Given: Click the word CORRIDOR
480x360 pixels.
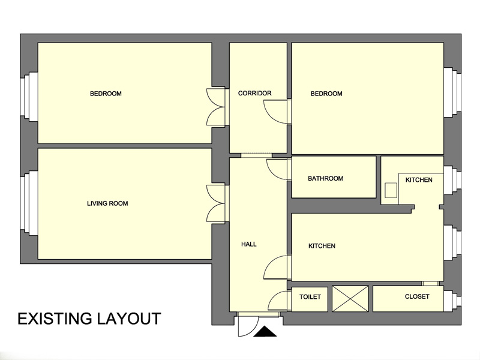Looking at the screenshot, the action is pyautogui.click(x=254, y=93).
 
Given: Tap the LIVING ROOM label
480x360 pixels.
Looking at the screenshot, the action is pyautogui.click(x=107, y=203).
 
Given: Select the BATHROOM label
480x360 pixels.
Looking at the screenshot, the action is pyautogui.click(x=325, y=178).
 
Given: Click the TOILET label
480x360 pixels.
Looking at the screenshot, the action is pyautogui.click(x=310, y=296).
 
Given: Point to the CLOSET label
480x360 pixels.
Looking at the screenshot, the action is pyautogui.click(x=417, y=296).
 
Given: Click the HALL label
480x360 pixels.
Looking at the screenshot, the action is pyautogui.click(x=249, y=244).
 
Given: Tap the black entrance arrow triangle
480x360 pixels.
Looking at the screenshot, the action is pyautogui.click(x=265, y=332).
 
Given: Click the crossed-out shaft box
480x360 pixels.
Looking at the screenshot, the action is pyautogui.click(x=350, y=299).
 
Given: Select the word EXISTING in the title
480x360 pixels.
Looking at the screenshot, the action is pyautogui.click(x=55, y=319).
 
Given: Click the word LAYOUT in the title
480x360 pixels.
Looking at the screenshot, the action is pyautogui.click(x=129, y=319).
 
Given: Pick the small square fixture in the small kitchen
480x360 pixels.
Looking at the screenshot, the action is pyautogui.click(x=391, y=190).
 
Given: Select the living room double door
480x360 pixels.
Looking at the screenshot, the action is pyautogui.click(x=217, y=203).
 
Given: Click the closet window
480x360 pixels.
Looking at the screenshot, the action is pyautogui.click(x=452, y=298).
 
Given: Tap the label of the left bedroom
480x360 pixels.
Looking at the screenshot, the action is pyautogui.click(x=106, y=94).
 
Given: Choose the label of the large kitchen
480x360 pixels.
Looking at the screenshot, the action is pyautogui.click(x=322, y=245).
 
